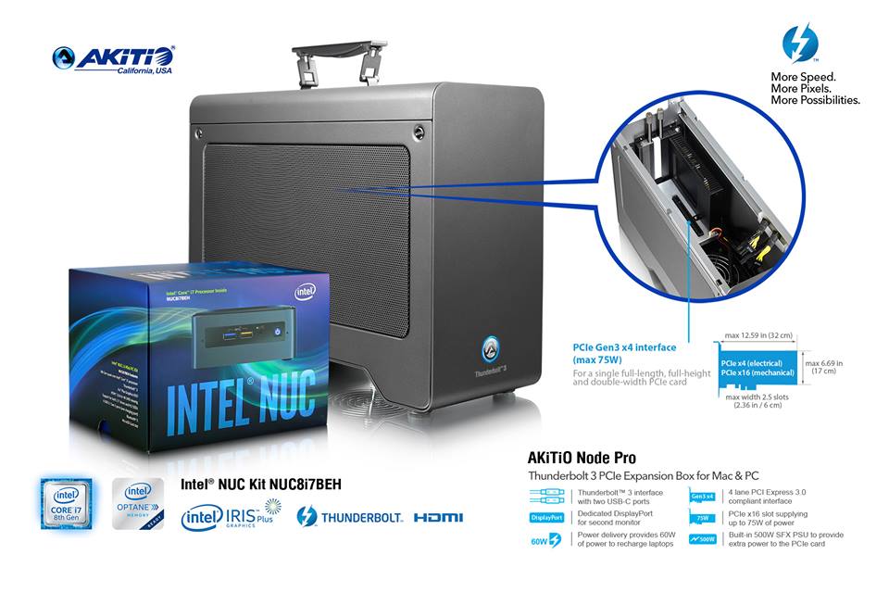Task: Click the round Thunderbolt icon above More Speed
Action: [x=799, y=44]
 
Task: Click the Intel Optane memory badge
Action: [x=139, y=504]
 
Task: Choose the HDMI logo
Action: [x=439, y=517]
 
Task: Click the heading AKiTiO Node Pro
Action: [x=582, y=458]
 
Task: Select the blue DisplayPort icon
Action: [x=545, y=517]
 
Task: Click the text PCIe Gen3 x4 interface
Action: [x=624, y=348]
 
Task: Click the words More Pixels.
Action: [x=804, y=88]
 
